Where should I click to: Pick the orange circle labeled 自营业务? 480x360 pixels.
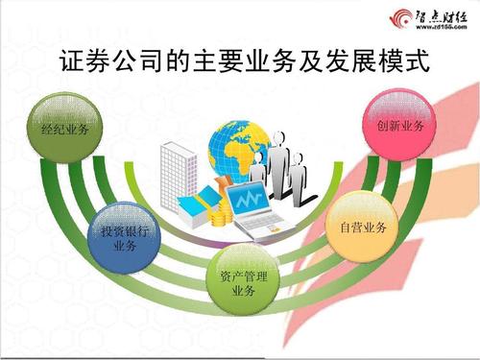click(x=362, y=228)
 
